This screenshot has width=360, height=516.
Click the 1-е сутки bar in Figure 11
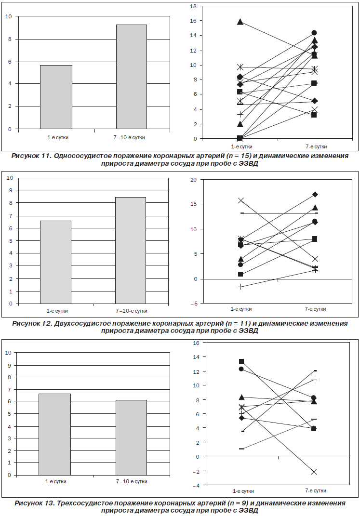pyautogui.click(x=56, y=97)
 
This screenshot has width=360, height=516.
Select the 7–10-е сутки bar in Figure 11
pyautogui.click(x=131, y=77)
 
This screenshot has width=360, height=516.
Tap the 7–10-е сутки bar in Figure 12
pyautogui.click(x=130, y=251)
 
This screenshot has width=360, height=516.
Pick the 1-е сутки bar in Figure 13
pyautogui.click(x=54, y=435)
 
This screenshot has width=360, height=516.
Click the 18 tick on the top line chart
pyautogui.click(x=193, y=6)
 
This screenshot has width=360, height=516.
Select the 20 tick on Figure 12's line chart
pyautogui.click(x=193, y=180)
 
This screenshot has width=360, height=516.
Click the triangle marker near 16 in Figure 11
pyautogui.click(x=240, y=22)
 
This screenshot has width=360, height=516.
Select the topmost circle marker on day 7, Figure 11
pyautogui.click(x=314, y=33)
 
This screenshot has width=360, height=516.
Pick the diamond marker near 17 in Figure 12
pyautogui.click(x=315, y=195)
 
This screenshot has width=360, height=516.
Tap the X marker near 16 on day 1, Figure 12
pyautogui.click(x=241, y=200)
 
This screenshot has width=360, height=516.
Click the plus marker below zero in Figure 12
pyautogui.click(x=241, y=287)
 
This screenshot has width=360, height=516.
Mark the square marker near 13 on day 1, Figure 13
pyautogui.click(x=241, y=361)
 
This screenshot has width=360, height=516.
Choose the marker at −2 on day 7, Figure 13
pyautogui.click(x=314, y=472)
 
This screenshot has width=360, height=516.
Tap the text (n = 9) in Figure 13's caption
pyautogui.click(x=239, y=503)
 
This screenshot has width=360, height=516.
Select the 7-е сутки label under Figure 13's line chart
pyautogui.click(x=316, y=490)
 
